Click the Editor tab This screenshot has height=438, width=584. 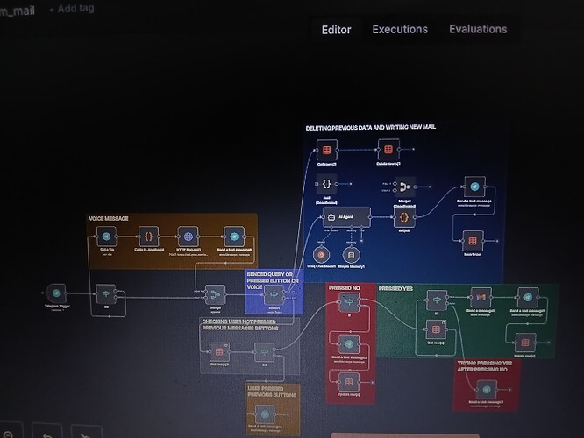(x=336, y=30)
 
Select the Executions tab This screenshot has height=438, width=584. (x=400, y=30)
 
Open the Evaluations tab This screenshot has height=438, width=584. (x=478, y=30)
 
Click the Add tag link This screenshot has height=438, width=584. (x=73, y=9)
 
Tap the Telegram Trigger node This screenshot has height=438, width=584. (x=57, y=293)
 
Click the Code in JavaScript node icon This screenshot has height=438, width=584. (x=148, y=237)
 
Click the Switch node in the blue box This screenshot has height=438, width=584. (x=273, y=294)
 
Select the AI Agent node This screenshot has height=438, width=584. (x=343, y=216)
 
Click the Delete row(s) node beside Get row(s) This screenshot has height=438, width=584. (x=387, y=148)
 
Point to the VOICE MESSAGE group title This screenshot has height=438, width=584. (x=110, y=217)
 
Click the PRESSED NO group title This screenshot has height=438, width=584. (x=344, y=287)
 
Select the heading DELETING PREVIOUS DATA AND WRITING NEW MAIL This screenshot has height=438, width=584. (x=370, y=128)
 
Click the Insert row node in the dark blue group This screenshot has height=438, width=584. (x=472, y=238)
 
